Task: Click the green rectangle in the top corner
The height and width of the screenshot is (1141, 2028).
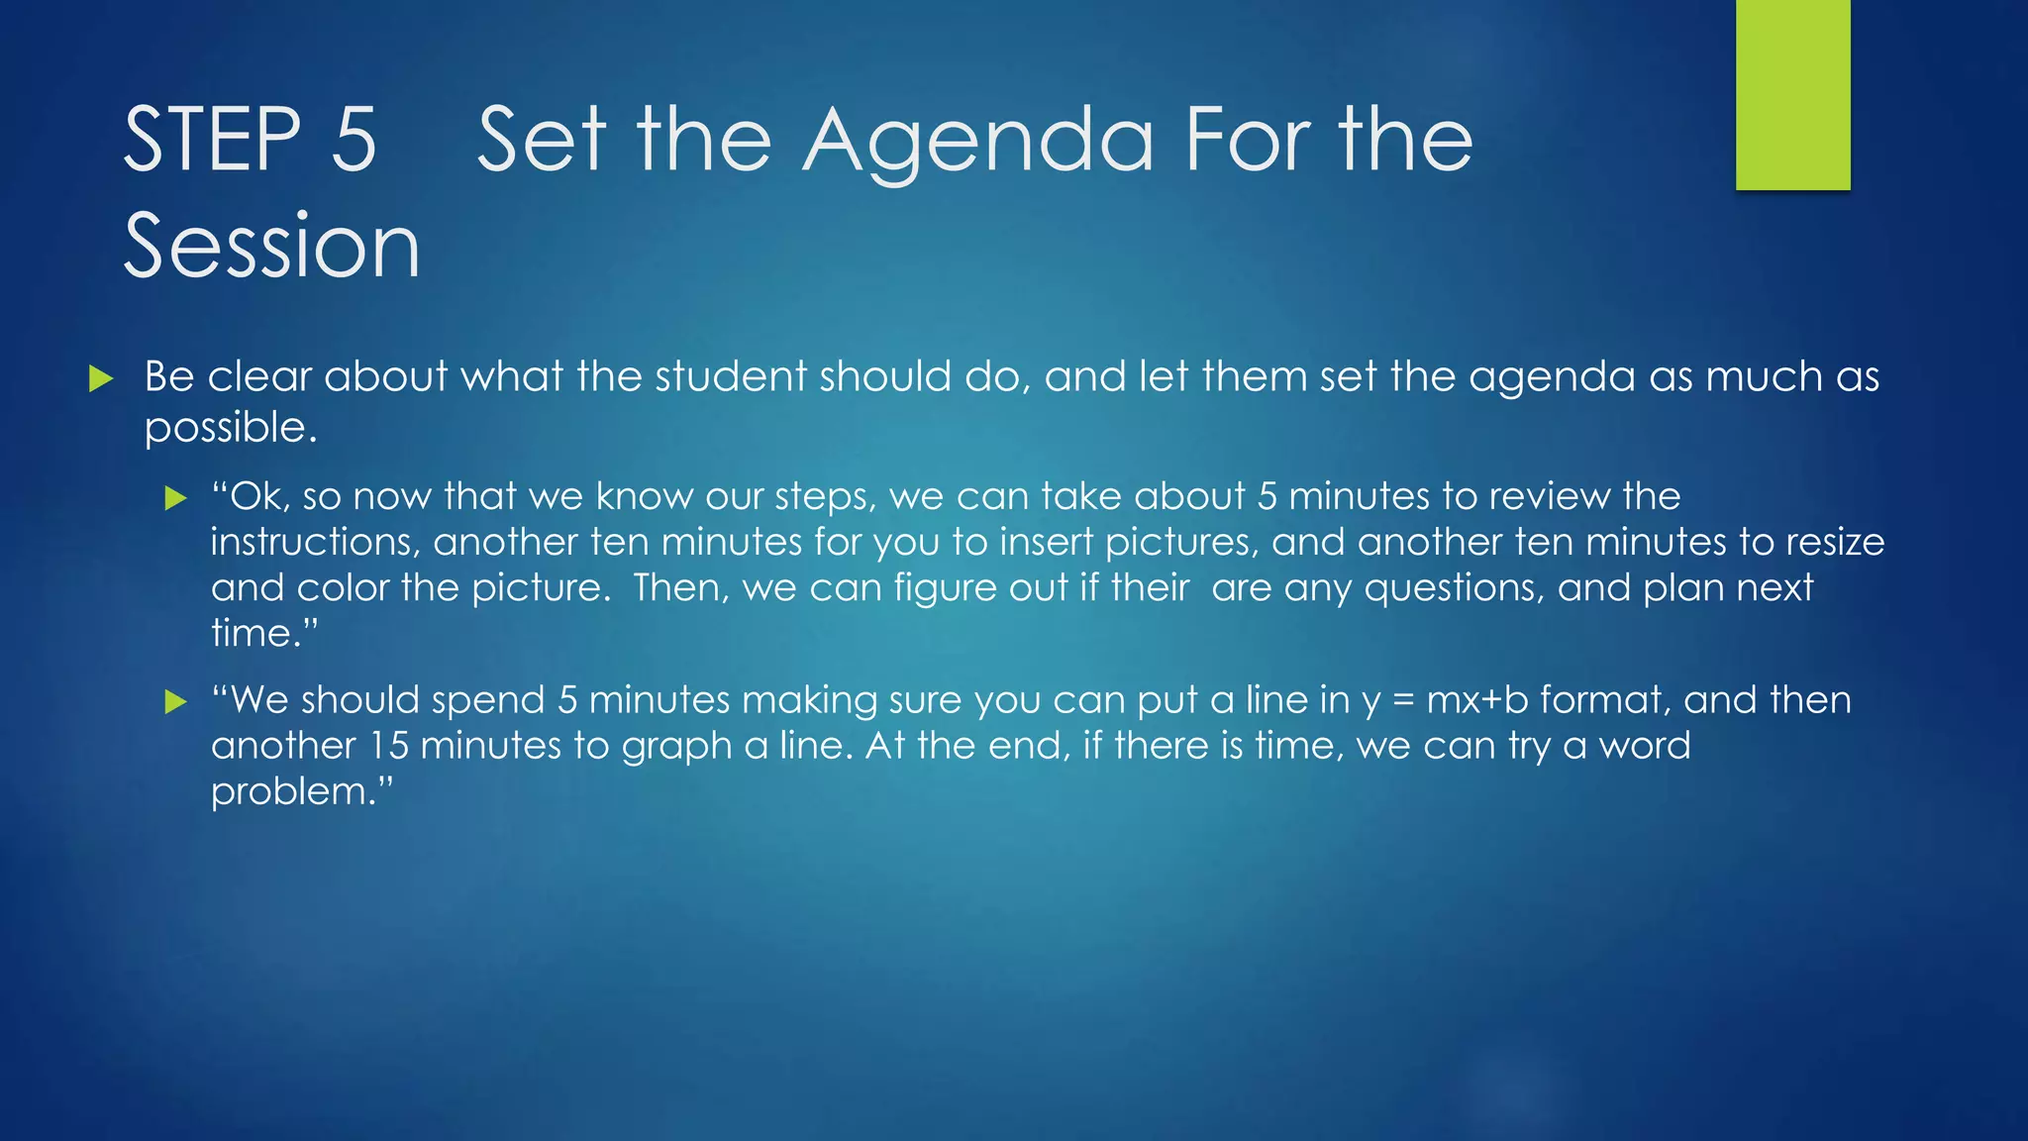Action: click(x=1792, y=95)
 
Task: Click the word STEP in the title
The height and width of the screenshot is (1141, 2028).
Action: click(x=212, y=140)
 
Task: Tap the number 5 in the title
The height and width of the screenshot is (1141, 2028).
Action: click(x=354, y=140)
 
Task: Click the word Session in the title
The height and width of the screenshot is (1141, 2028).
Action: click(x=272, y=246)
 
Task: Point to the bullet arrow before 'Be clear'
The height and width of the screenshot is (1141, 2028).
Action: click(x=101, y=378)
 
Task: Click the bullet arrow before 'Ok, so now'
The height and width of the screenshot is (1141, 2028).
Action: click(x=176, y=497)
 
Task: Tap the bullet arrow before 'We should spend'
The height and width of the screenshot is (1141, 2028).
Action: click(x=176, y=702)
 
